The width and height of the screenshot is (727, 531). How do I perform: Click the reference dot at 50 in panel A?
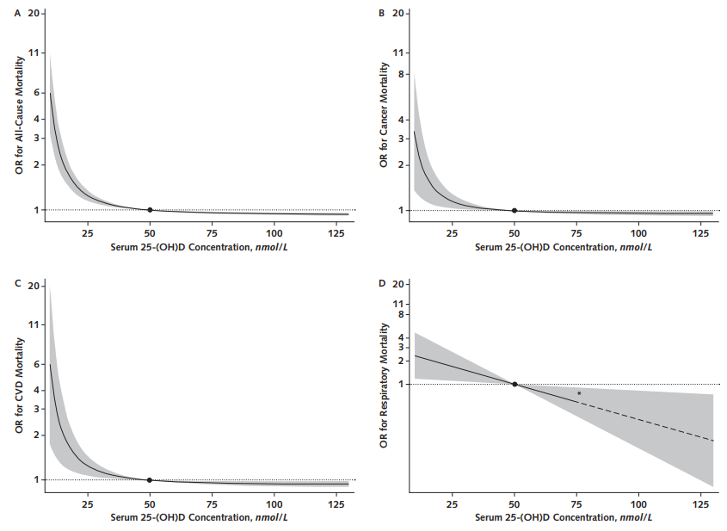point(150,210)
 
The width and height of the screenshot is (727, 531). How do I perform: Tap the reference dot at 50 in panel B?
point(514,211)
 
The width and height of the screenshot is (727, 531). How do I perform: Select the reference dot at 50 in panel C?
point(150,480)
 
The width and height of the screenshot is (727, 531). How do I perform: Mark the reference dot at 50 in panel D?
point(514,384)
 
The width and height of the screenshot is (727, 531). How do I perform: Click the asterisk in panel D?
point(579,393)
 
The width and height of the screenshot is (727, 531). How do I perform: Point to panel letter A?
point(17,14)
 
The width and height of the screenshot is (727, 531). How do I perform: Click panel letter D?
point(382,283)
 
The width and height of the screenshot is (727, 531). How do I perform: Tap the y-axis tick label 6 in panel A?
point(37,93)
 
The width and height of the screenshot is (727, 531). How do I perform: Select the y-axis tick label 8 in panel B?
point(401,74)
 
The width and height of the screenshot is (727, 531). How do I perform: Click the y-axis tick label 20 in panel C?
point(34,286)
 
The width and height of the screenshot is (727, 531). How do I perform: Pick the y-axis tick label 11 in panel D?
point(398,304)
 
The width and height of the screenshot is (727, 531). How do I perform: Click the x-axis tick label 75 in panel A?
point(212,233)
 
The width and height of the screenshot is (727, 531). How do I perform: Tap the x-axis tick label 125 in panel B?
point(700,233)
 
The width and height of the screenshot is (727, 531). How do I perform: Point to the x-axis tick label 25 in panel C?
point(87,504)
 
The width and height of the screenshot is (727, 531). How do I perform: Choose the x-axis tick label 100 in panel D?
point(638,504)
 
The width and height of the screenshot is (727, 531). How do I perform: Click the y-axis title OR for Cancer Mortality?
point(384,115)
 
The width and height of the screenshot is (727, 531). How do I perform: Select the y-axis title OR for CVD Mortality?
point(20,386)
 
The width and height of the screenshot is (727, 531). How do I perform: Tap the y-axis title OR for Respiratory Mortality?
point(384,386)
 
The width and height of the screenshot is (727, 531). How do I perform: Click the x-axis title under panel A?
point(200,247)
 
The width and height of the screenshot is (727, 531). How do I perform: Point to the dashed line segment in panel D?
point(646,421)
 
